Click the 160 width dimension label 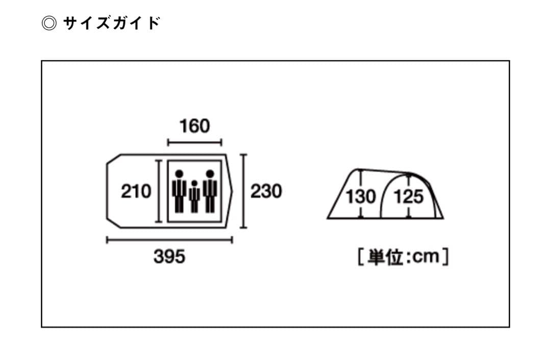[x=194, y=125]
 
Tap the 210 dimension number [x=136, y=192]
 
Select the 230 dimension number [x=266, y=192]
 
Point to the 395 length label [x=169, y=257]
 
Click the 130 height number [x=361, y=196]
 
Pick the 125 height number [x=409, y=196]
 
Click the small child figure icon [x=194, y=196]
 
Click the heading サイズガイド [x=112, y=23]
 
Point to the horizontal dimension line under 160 [x=194, y=143]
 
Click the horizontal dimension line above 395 [x=169, y=240]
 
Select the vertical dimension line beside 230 [x=244, y=191]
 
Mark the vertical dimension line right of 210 [x=159, y=191]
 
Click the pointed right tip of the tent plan [x=232, y=191]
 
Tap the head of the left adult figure [x=179, y=173]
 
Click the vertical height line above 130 [x=361, y=178]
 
